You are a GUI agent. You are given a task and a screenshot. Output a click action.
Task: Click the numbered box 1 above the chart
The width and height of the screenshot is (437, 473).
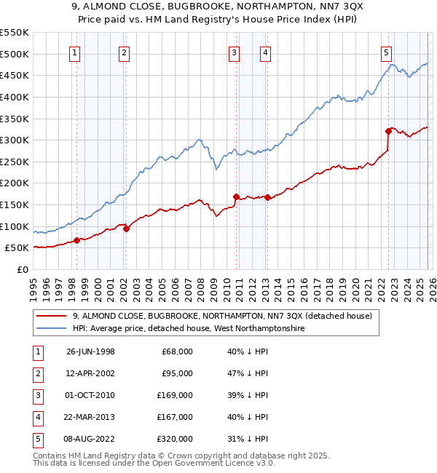pyautogui.click(x=76, y=52)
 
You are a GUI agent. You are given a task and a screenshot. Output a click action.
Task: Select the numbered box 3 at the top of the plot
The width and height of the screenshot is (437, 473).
pyautogui.click(x=234, y=52)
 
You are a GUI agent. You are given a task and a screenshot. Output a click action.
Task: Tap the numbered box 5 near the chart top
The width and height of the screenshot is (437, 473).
pyautogui.click(x=385, y=52)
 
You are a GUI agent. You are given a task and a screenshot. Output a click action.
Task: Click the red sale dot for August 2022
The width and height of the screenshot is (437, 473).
pyautogui.click(x=388, y=131)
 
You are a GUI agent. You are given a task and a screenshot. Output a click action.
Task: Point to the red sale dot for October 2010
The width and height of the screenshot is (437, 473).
pyautogui.click(x=236, y=196)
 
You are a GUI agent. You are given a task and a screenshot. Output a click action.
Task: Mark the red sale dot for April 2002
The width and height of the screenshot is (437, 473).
pyautogui.click(x=126, y=228)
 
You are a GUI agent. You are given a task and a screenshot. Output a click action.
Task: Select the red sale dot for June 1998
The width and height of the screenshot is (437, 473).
pyautogui.click(x=76, y=240)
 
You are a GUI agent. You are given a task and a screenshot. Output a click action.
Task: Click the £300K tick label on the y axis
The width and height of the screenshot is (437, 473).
pyautogui.click(x=14, y=140)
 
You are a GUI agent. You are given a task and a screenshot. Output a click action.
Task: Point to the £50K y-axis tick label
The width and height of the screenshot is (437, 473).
pyautogui.click(x=17, y=248)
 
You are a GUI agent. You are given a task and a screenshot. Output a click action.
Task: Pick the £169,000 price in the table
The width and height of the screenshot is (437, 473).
pyautogui.click(x=177, y=395)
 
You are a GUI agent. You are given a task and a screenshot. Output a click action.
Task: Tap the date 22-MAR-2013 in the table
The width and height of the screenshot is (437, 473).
pyautogui.click(x=90, y=417)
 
